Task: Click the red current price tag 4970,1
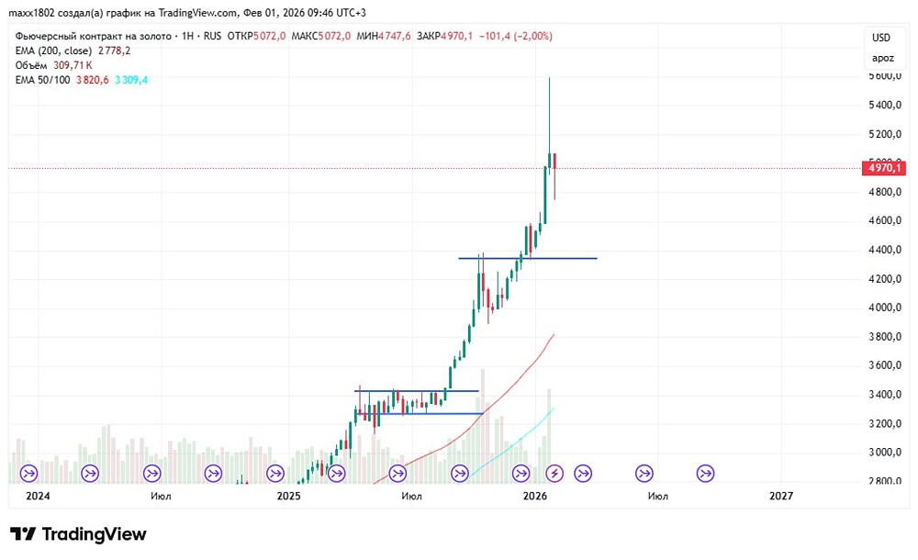pos(886,168)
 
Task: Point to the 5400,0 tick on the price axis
pos(882,106)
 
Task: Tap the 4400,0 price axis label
pos(882,250)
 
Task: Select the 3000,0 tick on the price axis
pos(882,453)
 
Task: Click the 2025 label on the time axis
pos(288,496)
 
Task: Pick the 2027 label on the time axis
pos(780,496)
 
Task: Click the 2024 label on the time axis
pos(37,496)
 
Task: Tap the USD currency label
pos(881,38)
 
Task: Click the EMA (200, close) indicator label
pos(54,50)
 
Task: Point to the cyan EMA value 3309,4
pos(129,80)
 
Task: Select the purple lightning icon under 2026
pos(554,473)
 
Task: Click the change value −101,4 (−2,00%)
pos(514,36)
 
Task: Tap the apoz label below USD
pos(882,58)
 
